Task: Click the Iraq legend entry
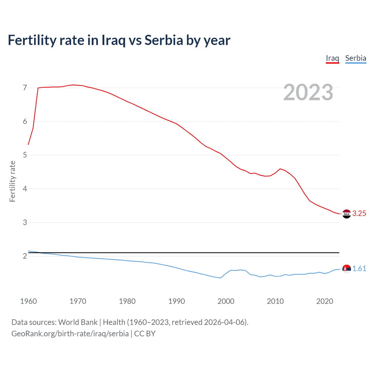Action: (332, 58)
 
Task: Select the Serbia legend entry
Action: (356, 58)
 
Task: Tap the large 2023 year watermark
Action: (308, 92)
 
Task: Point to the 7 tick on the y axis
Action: (25, 88)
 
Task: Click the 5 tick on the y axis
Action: (25, 155)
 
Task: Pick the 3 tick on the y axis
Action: (25, 223)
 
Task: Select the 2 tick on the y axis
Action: (25, 256)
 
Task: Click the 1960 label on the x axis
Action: (28, 301)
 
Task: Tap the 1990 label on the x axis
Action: (176, 301)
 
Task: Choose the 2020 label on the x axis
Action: (325, 301)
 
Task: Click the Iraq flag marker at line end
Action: (347, 214)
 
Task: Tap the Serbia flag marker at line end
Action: (347, 269)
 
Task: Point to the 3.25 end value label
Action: (359, 214)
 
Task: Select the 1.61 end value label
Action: (359, 269)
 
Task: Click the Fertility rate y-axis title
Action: (12, 181)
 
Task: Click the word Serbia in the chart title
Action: (164, 40)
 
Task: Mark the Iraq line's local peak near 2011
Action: (280, 169)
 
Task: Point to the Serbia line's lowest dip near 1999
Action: (221, 278)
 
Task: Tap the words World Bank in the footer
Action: (78, 322)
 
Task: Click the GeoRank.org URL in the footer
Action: (70, 334)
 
